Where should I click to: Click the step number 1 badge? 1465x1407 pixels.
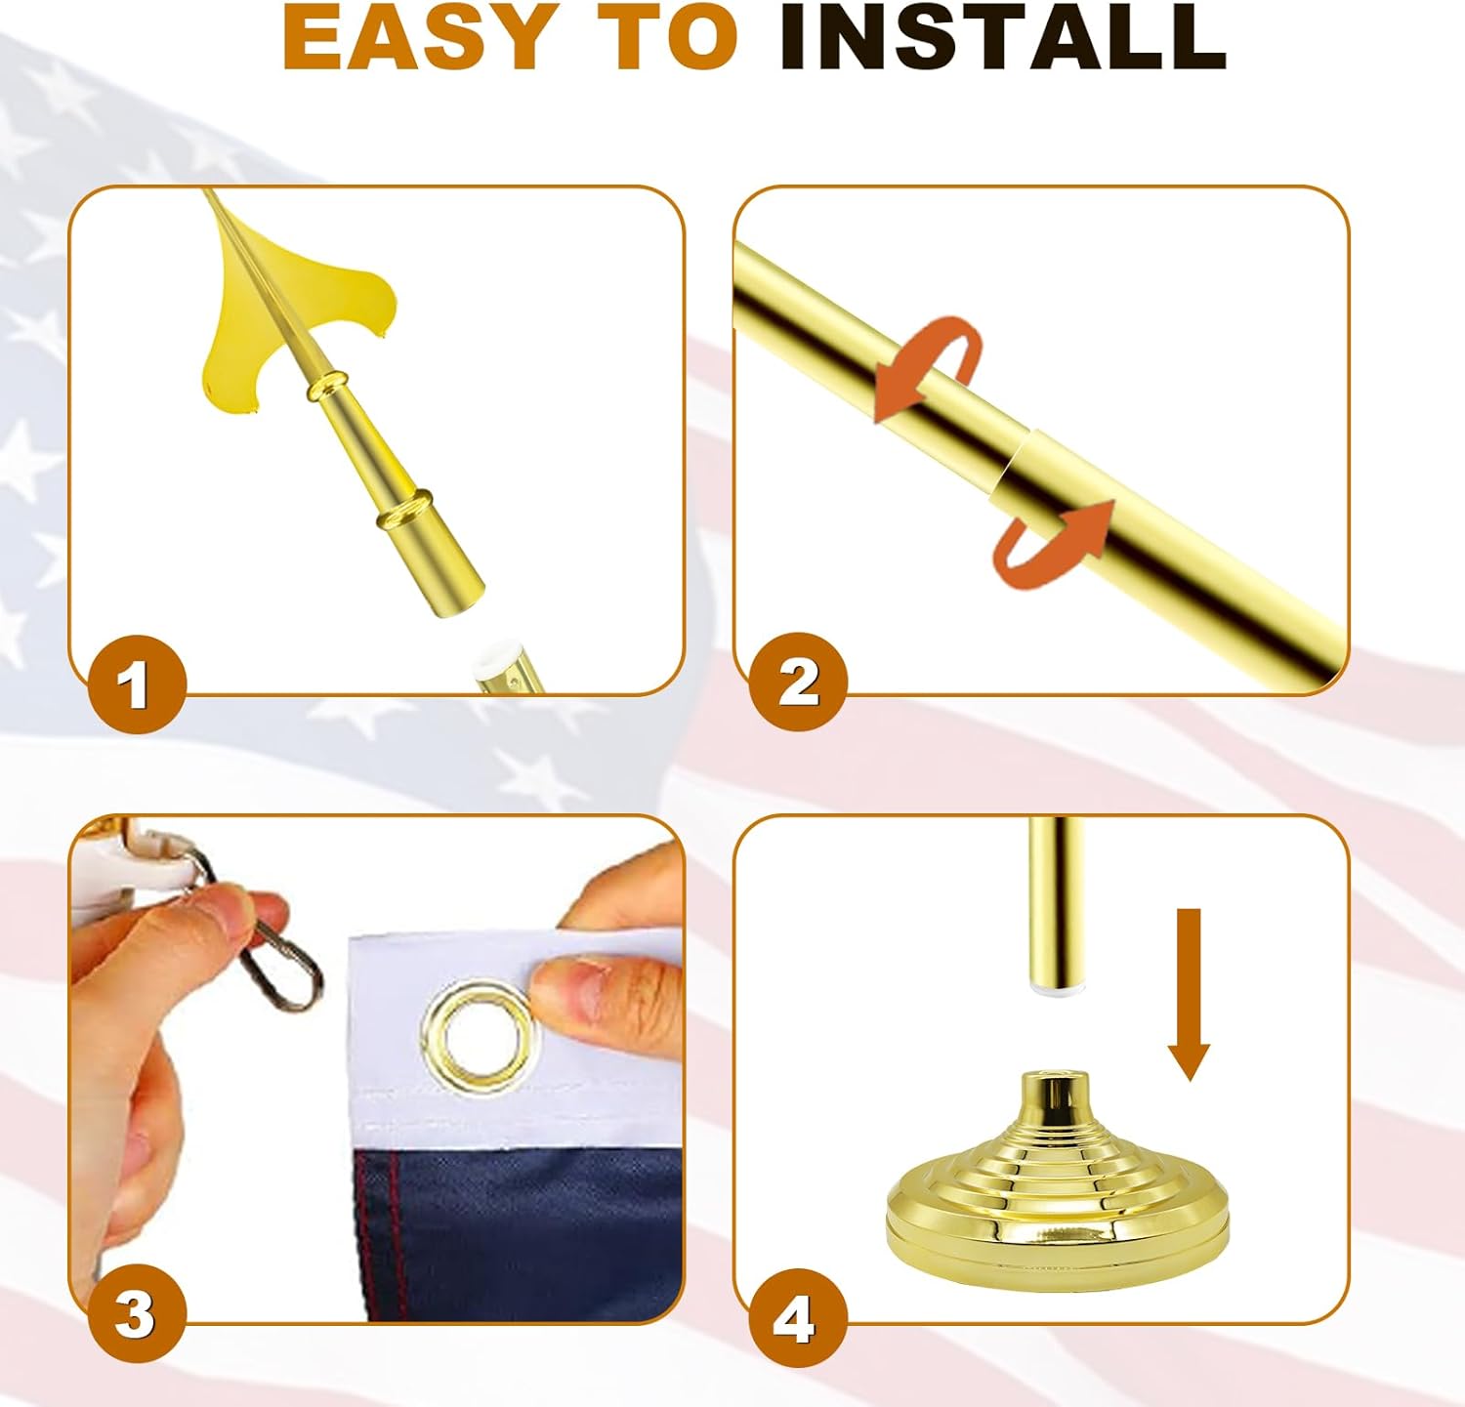[x=137, y=684]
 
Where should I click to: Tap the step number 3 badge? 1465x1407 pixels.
[x=137, y=1314]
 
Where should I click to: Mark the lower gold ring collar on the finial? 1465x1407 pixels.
[x=405, y=511]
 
